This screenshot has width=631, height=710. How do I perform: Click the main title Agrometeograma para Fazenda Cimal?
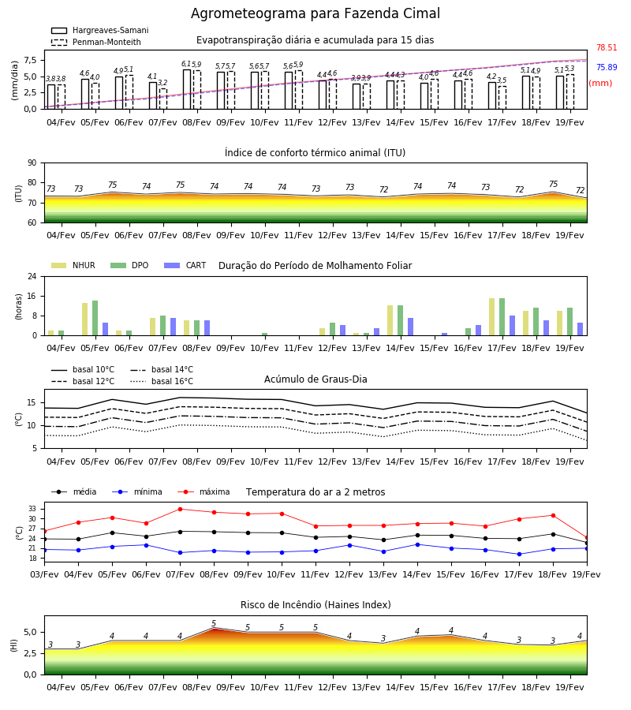315,13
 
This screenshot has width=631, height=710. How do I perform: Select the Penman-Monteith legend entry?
96,42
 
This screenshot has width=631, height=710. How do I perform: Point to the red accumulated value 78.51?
607,47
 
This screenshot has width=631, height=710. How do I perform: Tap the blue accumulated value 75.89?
607,67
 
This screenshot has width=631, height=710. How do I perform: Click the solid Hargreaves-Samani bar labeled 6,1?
186,89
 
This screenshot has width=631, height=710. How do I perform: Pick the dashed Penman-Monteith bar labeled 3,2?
163,99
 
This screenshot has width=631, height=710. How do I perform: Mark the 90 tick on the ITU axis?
32,163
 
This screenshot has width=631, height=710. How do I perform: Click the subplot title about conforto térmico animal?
315,152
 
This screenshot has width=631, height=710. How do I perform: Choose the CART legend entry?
185,265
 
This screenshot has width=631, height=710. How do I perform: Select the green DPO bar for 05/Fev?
95,318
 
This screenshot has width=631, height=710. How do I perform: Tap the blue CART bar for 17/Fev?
513,326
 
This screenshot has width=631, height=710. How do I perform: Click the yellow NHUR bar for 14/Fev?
390,320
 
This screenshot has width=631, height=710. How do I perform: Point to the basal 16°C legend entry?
162,381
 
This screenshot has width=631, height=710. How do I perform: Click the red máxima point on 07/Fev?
180,509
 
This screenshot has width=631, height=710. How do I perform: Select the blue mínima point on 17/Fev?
519,555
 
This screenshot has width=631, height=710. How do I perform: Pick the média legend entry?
74,491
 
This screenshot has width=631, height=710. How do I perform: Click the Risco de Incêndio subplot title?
315,604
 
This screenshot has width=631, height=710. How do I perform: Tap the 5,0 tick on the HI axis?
30,632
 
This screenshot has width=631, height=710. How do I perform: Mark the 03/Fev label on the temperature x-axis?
44,574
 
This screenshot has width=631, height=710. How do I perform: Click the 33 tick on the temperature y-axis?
33,509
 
